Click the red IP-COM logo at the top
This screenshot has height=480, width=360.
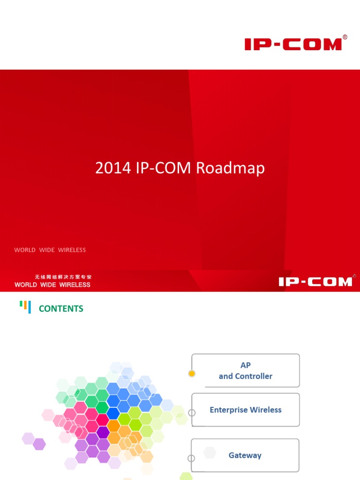pyautogui.click(x=293, y=45)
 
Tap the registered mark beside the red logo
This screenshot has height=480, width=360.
pyautogui.click(x=345, y=37)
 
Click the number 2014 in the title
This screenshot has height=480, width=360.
pyautogui.click(x=113, y=168)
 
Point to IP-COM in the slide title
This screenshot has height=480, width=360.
pyautogui.click(x=164, y=168)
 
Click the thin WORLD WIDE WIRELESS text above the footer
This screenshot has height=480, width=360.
pyautogui.click(x=50, y=250)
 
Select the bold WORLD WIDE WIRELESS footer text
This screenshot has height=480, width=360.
pyautogui.click(x=52, y=285)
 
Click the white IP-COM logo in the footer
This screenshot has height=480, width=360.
pyautogui.click(x=315, y=282)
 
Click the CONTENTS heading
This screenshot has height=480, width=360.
pyautogui.click(x=61, y=308)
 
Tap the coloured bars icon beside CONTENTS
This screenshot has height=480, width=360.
pyautogui.click(x=25, y=307)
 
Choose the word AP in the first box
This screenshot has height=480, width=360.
pyautogui.click(x=246, y=365)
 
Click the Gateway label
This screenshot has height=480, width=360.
pyautogui.click(x=245, y=455)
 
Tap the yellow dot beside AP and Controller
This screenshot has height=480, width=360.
pyautogui.click(x=191, y=374)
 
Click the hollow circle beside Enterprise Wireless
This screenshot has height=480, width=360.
pyautogui.click(x=191, y=413)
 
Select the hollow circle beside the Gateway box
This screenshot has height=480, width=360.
pyautogui.click(x=191, y=458)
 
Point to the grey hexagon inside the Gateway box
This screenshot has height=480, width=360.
pyautogui.click(x=210, y=453)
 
